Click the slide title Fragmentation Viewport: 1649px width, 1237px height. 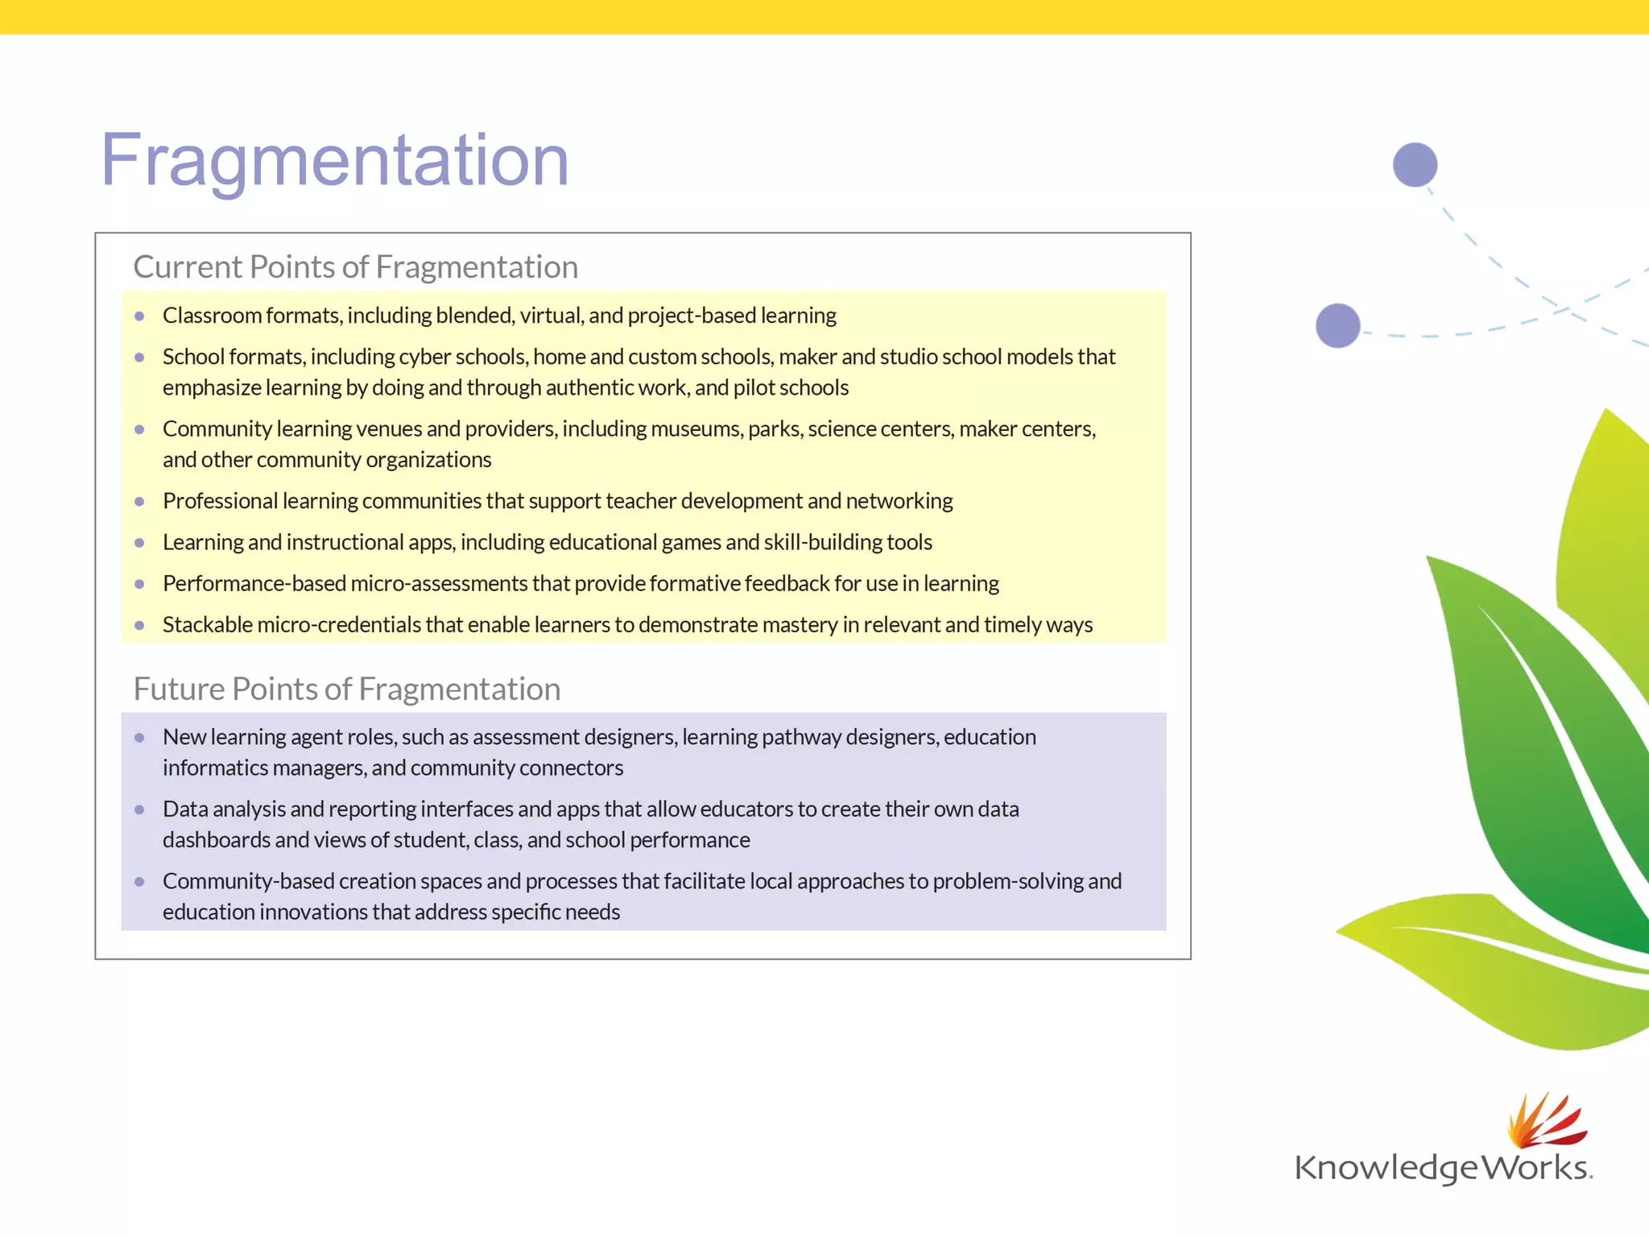[x=334, y=160]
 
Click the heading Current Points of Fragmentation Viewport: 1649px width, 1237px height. [x=355, y=267]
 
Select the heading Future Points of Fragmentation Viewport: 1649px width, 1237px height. [x=346, y=689]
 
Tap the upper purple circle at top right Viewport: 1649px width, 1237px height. [x=1415, y=165]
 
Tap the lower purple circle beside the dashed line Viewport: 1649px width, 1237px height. [x=1337, y=326]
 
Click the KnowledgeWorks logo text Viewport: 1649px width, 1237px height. [x=1442, y=1168]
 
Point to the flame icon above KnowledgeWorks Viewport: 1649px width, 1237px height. [x=1544, y=1120]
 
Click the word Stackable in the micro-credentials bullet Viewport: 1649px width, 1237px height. [x=207, y=625]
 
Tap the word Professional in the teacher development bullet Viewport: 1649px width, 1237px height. [x=220, y=501]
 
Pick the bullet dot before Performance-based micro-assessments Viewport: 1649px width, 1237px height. [x=139, y=584]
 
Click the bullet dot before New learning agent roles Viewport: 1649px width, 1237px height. [x=139, y=738]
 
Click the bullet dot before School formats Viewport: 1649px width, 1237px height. [x=139, y=358]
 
